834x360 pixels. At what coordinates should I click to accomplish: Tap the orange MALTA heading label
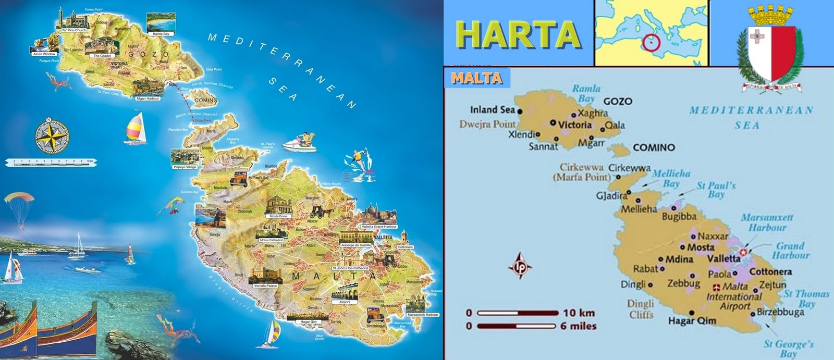pyautogui.click(x=476, y=78)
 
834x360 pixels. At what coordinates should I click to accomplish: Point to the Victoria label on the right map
pyautogui.click(x=575, y=125)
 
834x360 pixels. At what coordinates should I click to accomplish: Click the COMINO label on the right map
pyautogui.click(x=654, y=147)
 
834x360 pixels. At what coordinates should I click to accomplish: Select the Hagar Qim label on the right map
pyautogui.click(x=692, y=321)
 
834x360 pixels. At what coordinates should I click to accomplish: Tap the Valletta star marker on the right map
pyautogui.click(x=744, y=252)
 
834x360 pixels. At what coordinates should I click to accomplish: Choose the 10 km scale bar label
pyautogui.click(x=579, y=313)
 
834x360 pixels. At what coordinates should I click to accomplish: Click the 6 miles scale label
pyautogui.click(x=579, y=326)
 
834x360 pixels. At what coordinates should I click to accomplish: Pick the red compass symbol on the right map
pyautogui.click(x=521, y=265)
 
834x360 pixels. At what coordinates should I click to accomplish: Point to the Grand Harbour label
pyautogui.click(x=790, y=250)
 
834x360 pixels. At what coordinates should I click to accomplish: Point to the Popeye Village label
pyautogui.click(x=185, y=167)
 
